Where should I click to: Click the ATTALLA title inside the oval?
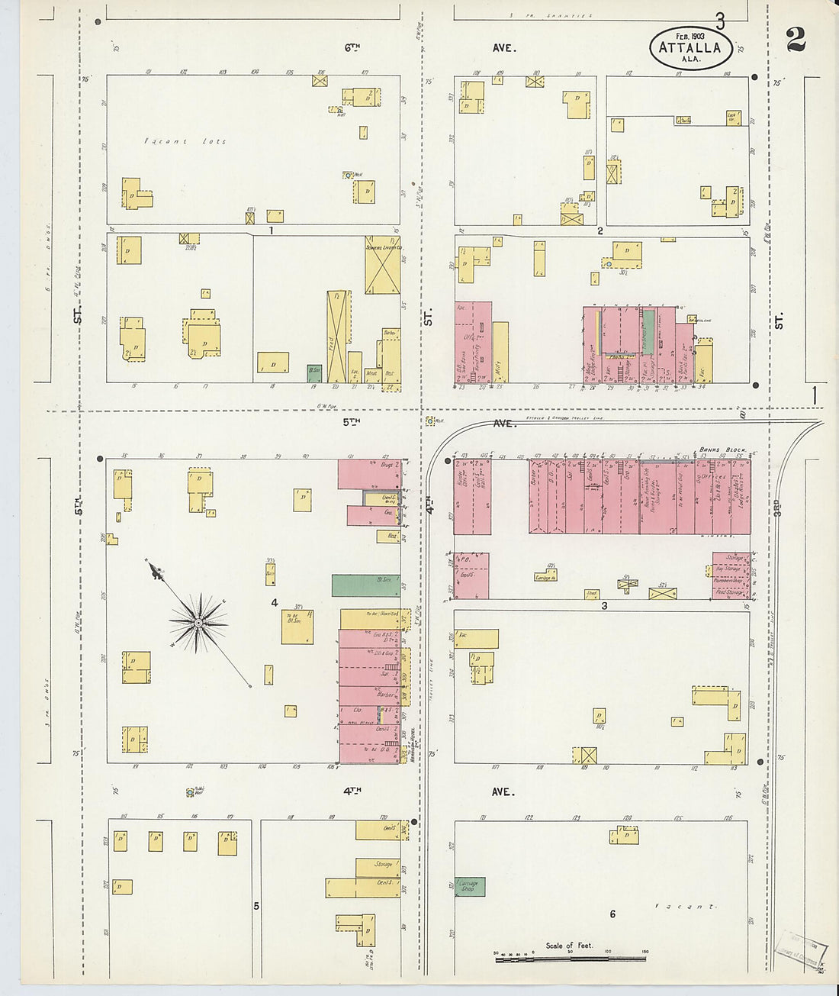[x=690, y=47]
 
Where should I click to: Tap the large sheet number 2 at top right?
[x=796, y=40]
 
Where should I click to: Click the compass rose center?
[x=198, y=623]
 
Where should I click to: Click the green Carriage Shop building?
[x=470, y=887]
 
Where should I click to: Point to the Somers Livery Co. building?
[x=382, y=265]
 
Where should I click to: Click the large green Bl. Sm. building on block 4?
[x=365, y=585]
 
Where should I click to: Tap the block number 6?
[x=612, y=914]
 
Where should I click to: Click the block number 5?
[x=256, y=906]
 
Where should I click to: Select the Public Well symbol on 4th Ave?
[x=189, y=793]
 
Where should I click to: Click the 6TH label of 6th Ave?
[x=351, y=47]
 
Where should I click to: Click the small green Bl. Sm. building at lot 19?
[x=313, y=372]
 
